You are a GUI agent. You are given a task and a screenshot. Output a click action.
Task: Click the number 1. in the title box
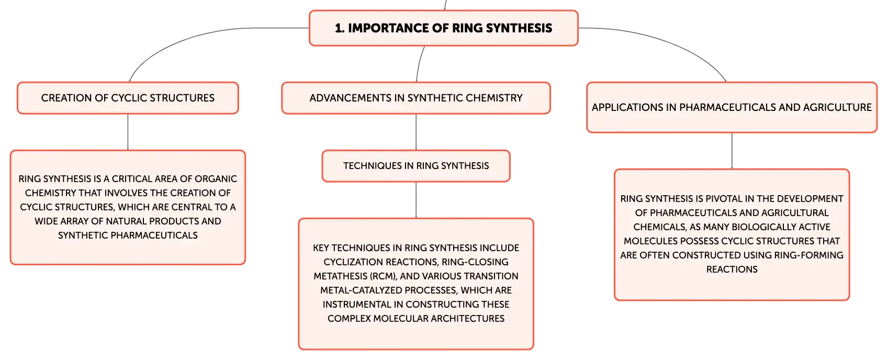tap(339, 28)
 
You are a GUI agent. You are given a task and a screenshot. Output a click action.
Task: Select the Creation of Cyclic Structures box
tap(128, 98)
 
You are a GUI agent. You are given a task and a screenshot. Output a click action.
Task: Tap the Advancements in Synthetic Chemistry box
tap(416, 98)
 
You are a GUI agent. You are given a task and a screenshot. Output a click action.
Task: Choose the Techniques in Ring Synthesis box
tap(416, 166)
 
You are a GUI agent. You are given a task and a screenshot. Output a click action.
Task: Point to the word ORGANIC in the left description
tap(216, 179)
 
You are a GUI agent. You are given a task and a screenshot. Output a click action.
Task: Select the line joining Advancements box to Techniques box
tap(416, 132)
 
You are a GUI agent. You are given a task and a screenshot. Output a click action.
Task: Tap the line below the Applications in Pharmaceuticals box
tap(732, 151)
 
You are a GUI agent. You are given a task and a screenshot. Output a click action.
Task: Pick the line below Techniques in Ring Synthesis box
tap(416, 200)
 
